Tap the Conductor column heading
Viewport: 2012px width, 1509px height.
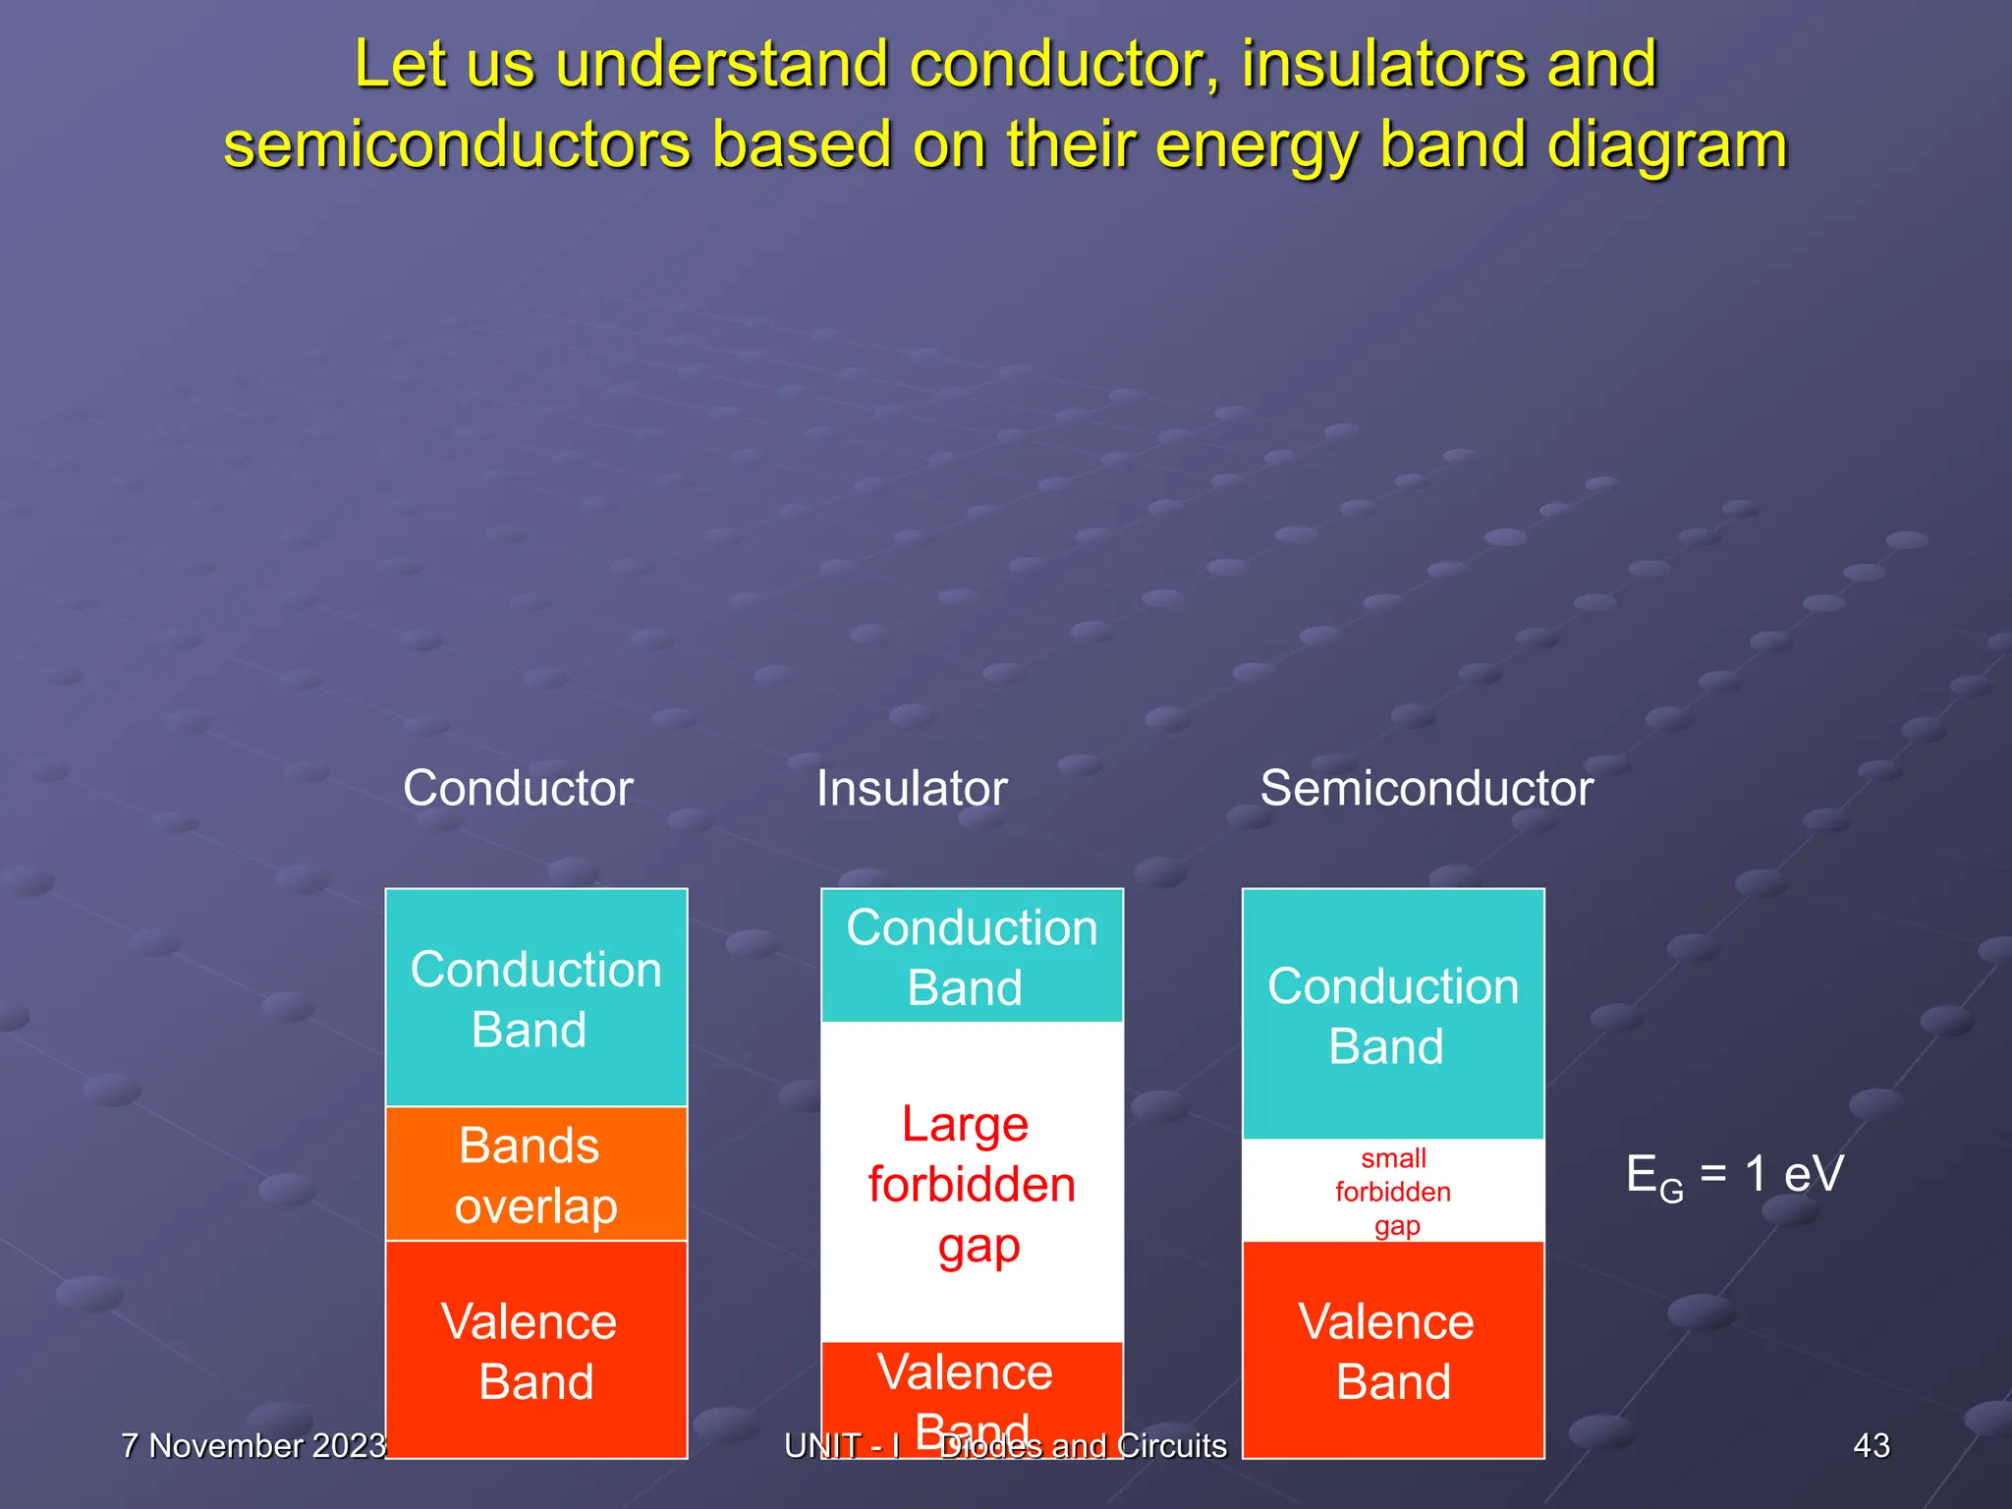tap(518, 788)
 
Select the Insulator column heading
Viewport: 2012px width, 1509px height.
tap(912, 788)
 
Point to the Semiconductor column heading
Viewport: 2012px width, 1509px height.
tap(1426, 788)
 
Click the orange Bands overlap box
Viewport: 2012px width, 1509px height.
tap(536, 1174)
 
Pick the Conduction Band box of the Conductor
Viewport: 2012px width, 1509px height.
tap(536, 998)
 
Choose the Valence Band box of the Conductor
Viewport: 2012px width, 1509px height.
tap(536, 1350)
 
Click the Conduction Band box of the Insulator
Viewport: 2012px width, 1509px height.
tap(972, 956)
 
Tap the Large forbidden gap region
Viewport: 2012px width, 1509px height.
tap(972, 1183)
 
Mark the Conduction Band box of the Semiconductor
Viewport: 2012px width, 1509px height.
tap(1393, 1015)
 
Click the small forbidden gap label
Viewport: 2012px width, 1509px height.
tap(1393, 1192)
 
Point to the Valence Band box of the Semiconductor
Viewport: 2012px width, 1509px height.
tap(1393, 1350)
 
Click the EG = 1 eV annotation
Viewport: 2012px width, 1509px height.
tap(1735, 1175)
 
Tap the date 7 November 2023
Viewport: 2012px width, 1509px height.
tap(253, 1446)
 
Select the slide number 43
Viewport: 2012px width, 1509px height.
tap(1871, 1446)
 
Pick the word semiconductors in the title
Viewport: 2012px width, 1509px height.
tap(457, 145)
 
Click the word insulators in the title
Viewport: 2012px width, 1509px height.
tap(1382, 65)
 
